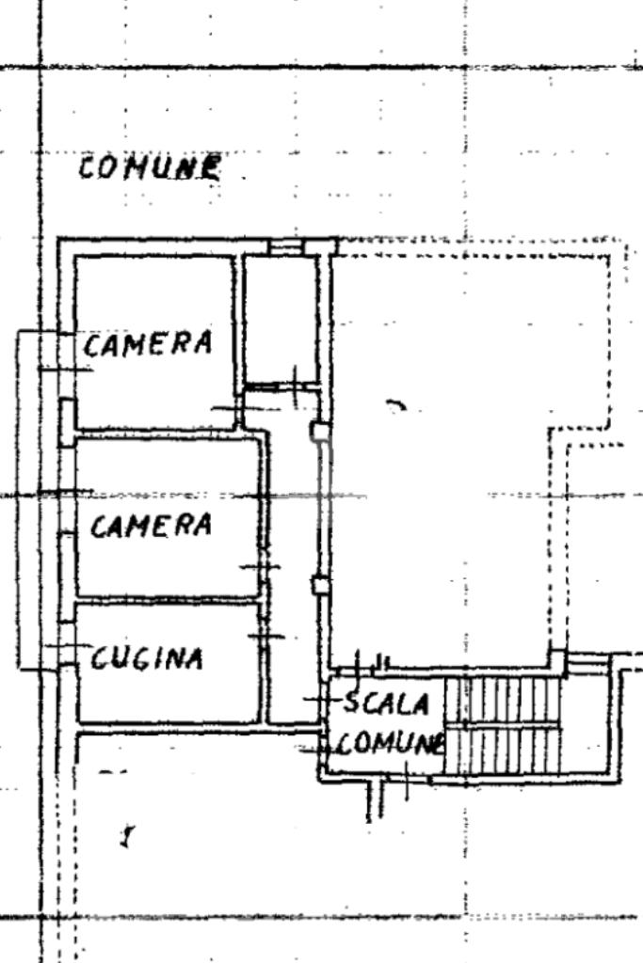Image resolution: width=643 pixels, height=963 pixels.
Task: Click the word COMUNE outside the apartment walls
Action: click(x=151, y=168)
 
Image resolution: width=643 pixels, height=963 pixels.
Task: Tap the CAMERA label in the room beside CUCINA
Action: click(x=151, y=525)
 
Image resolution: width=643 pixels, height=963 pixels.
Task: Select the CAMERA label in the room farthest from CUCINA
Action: click(x=148, y=344)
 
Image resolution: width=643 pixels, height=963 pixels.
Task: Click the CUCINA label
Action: click(x=147, y=658)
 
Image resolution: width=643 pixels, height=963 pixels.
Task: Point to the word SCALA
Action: click(x=386, y=703)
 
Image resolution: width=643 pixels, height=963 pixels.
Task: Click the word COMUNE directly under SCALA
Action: click(x=389, y=744)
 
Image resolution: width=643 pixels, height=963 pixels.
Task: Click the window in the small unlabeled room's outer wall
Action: click(x=283, y=246)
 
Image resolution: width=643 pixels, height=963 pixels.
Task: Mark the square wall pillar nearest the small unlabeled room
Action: click(x=320, y=432)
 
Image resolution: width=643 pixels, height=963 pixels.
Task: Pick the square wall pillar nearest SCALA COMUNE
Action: click(x=320, y=586)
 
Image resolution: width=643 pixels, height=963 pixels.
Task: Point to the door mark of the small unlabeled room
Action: click(x=294, y=384)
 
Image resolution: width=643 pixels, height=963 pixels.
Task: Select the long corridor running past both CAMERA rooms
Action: click(x=295, y=564)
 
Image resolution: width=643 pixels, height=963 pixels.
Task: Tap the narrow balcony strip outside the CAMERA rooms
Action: click(x=38, y=498)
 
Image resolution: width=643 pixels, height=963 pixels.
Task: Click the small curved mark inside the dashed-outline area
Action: click(x=396, y=405)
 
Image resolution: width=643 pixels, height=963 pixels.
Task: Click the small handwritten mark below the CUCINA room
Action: click(x=126, y=834)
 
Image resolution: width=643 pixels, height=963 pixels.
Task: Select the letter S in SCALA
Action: click(x=352, y=702)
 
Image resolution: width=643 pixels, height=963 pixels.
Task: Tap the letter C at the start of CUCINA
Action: click(x=100, y=658)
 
